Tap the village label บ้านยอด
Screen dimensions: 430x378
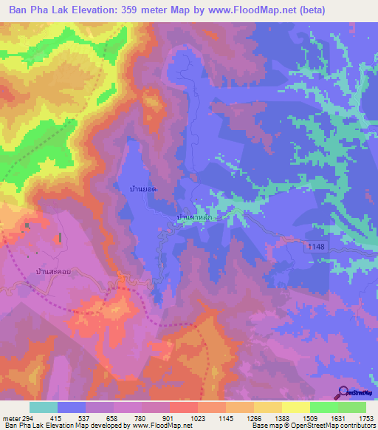tap(142, 190)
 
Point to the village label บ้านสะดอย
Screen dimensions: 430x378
tap(53, 272)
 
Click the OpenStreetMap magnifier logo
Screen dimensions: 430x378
tap(344, 392)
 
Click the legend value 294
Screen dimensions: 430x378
tap(27, 418)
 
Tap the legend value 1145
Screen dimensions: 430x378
tap(225, 418)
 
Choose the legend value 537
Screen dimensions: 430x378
tap(85, 418)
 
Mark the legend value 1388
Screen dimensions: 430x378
tap(281, 418)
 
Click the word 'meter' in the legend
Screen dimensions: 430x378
tap(10, 418)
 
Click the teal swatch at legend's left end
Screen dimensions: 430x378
tap(44, 407)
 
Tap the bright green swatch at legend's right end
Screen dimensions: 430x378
tap(351, 407)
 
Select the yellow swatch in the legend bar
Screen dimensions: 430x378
tap(295, 407)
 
